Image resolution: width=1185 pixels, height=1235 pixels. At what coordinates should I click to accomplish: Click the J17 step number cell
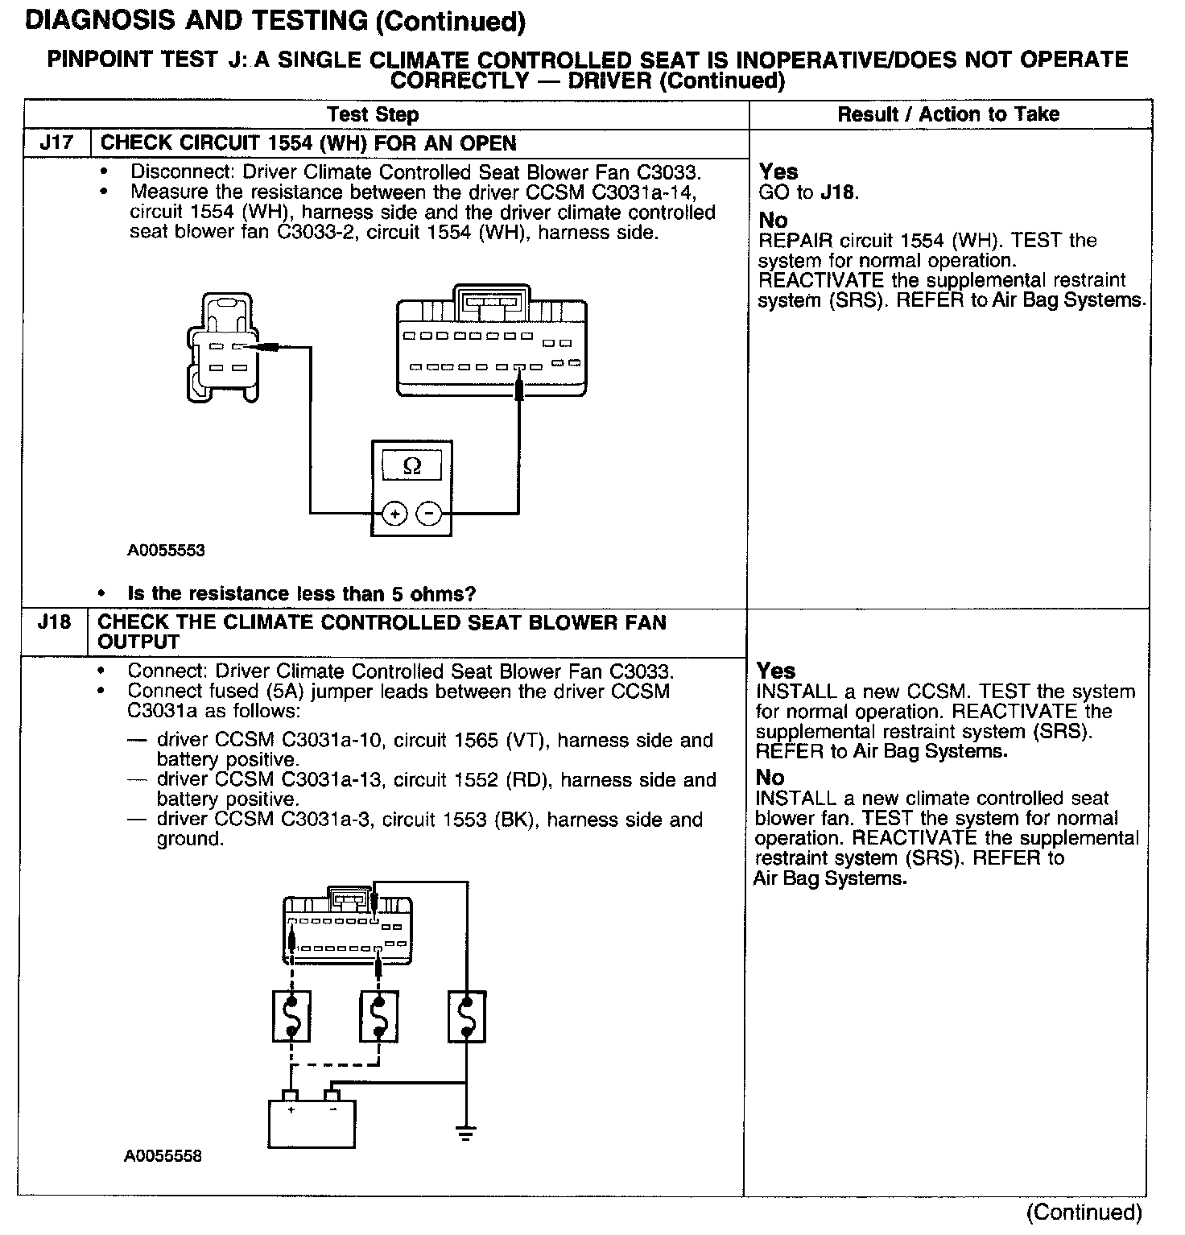(56, 143)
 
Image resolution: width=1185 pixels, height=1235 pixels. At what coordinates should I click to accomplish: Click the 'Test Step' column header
(373, 114)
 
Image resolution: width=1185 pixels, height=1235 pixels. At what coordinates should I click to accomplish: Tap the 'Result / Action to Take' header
(948, 114)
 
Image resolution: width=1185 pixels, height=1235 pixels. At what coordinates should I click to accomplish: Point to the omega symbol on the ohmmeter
(411, 466)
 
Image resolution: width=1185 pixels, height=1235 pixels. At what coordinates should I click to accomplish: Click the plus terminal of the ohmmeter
(394, 513)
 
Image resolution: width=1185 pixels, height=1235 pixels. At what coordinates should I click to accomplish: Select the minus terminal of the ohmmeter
(429, 513)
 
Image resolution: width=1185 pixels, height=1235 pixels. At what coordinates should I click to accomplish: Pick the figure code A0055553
(166, 551)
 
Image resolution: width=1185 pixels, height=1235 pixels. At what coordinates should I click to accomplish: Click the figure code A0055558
(163, 1156)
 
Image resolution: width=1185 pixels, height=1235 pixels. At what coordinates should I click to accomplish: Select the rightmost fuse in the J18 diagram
(466, 1017)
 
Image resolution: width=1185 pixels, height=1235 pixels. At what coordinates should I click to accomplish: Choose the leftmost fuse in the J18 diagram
(291, 1017)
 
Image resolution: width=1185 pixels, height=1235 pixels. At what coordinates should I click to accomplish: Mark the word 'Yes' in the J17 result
(778, 171)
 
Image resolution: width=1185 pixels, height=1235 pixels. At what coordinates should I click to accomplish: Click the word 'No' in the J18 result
(770, 778)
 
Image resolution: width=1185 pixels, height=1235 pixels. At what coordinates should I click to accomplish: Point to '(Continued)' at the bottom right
(1084, 1212)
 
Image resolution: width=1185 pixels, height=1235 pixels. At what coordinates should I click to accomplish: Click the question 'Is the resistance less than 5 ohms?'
(302, 594)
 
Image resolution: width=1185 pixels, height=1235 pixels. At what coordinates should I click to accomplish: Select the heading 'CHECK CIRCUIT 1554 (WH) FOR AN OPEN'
(308, 143)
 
